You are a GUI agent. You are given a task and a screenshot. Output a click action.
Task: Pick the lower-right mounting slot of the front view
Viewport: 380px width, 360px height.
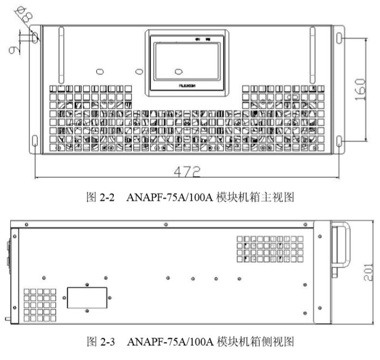[x=340, y=141]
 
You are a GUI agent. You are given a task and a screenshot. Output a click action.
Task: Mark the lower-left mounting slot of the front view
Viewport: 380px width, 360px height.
[x=35, y=142]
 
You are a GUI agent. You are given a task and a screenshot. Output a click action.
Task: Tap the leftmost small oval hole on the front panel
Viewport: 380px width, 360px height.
[x=100, y=72]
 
